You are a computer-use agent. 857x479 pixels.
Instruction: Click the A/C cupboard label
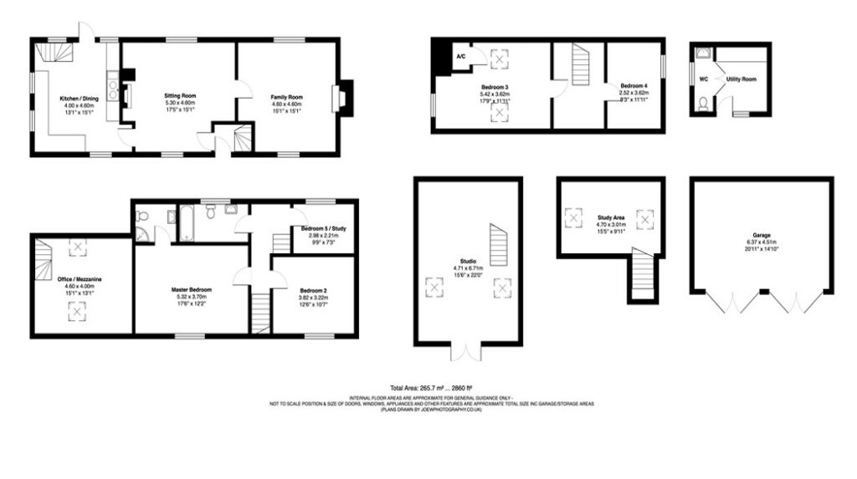coord(460,56)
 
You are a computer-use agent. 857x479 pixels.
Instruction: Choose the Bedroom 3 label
coord(495,86)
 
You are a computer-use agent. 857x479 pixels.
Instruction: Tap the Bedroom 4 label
coord(634,86)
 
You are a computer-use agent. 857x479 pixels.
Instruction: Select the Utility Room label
coord(742,79)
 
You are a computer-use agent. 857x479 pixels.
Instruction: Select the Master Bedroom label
coord(192,289)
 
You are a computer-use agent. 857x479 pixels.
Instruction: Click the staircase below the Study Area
coord(642,273)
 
